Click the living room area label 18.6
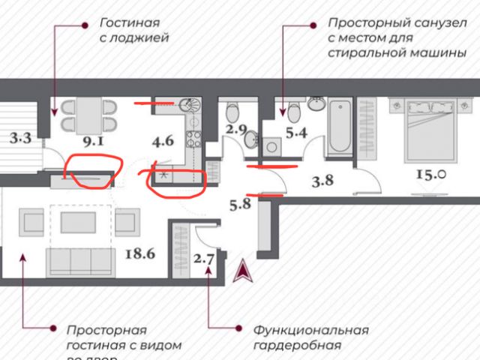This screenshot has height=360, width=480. (139, 253)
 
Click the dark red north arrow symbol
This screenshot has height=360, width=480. (244, 270)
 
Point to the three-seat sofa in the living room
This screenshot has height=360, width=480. (80, 261)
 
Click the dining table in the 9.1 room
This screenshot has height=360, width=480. (88, 114)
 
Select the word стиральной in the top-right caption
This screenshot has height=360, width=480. (361, 53)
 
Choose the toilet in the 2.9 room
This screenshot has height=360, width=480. (232, 114)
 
